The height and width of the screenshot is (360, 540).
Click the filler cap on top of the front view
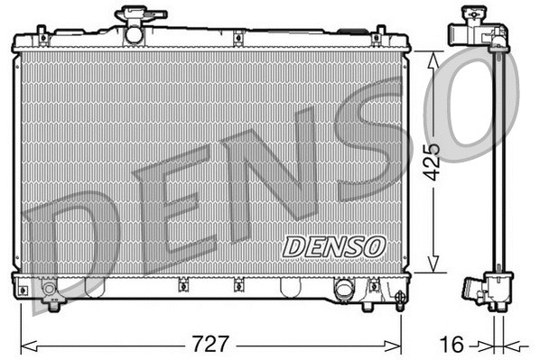(x=134, y=18)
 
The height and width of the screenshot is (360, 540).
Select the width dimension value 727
(x=210, y=345)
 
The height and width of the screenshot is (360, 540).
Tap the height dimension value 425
(x=434, y=160)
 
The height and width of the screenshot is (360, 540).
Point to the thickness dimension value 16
(x=454, y=345)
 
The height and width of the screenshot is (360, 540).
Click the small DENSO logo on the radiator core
(x=333, y=245)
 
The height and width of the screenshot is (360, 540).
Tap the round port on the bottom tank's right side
(x=344, y=290)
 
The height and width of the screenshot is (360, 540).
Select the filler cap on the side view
(x=472, y=17)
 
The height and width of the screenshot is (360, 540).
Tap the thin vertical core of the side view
(x=496, y=162)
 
